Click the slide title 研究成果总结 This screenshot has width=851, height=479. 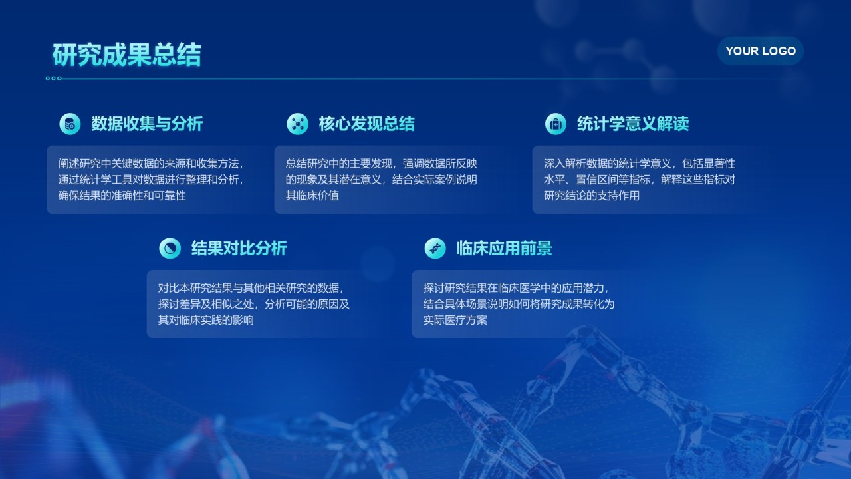pos(126,55)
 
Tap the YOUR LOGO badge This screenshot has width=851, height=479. pos(760,51)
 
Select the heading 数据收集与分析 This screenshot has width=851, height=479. pos(147,124)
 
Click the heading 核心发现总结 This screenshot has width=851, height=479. pos(366,124)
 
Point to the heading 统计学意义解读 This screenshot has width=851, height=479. pos(632,124)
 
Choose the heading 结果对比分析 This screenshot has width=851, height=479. pos(239,249)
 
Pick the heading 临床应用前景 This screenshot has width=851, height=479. pos(504,249)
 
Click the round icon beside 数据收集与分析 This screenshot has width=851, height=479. pos(70,124)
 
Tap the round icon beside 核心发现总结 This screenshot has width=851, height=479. pos(297,124)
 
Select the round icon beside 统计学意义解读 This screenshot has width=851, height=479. pos(555,124)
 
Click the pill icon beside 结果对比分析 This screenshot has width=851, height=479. pos(170,249)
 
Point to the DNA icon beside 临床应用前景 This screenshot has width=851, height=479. pos(435,249)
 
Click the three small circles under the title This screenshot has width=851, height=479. pos(53,79)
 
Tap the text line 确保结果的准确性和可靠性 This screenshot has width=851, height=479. pos(122,196)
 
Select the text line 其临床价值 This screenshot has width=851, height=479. pos(312,196)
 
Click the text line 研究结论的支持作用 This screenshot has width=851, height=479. pos(591,196)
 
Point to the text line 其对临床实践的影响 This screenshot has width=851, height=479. pos(205,320)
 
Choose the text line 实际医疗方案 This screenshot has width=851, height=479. pos(455,320)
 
